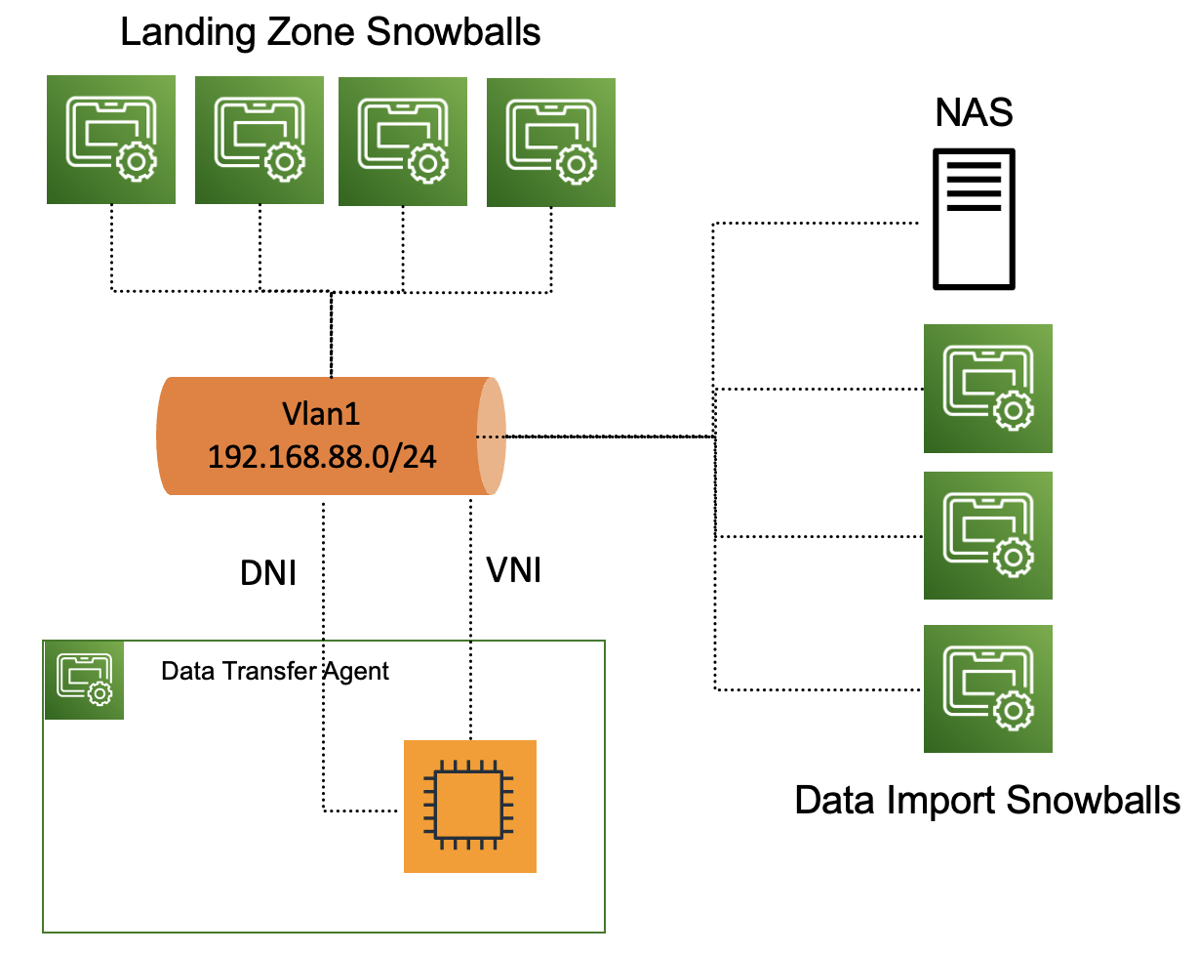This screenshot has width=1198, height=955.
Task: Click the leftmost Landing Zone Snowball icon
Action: pyautogui.click(x=111, y=140)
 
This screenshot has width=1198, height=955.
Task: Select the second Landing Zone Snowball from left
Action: pyautogui.click(x=260, y=140)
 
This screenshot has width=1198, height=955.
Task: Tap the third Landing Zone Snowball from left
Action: pyautogui.click(x=403, y=142)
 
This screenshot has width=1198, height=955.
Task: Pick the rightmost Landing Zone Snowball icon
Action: pyautogui.click(x=551, y=142)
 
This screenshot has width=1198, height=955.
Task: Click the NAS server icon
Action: pyautogui.click(x=974, y=219)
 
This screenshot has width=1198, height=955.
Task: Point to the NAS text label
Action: pyautogui.click(x=974, y=113)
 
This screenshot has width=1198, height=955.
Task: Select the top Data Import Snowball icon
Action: pyautogui.click(x=988, y=389)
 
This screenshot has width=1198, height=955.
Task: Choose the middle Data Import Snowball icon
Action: pyautogui.click(x=988, y=535)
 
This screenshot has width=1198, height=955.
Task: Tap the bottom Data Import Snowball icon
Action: pyautogui.click(x=988, y=688)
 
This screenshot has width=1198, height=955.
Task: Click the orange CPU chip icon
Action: pyautogui.click(x=470, y=806)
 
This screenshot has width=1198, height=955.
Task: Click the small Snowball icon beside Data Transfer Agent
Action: pyautogui.click(x=85, y=680)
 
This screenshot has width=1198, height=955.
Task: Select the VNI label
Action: pyautogui.click(x=513, y=570)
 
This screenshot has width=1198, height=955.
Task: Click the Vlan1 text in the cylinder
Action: pyautogui.click(x=321, y=414)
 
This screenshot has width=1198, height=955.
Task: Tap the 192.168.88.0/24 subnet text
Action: pyautogui.click(x=321, y=456)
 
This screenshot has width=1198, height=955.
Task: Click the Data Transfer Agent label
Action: pyautogui.click(x=275, y=672)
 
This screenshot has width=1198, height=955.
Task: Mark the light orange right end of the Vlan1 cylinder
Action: pyautogui.click(x=492, y=436)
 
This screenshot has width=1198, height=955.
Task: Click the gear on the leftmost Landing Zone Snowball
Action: pyautogui.click(x=135, y=162)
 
